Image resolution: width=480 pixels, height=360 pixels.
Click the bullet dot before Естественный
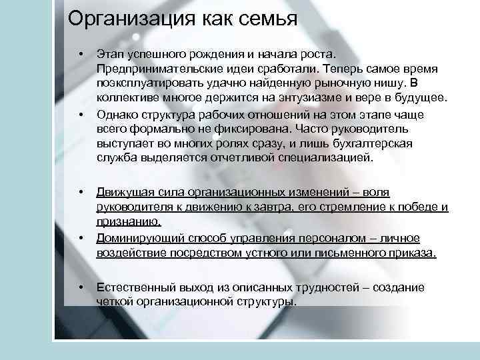tap(80, 287)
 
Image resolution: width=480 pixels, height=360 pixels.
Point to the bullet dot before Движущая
tap(80, 192)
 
